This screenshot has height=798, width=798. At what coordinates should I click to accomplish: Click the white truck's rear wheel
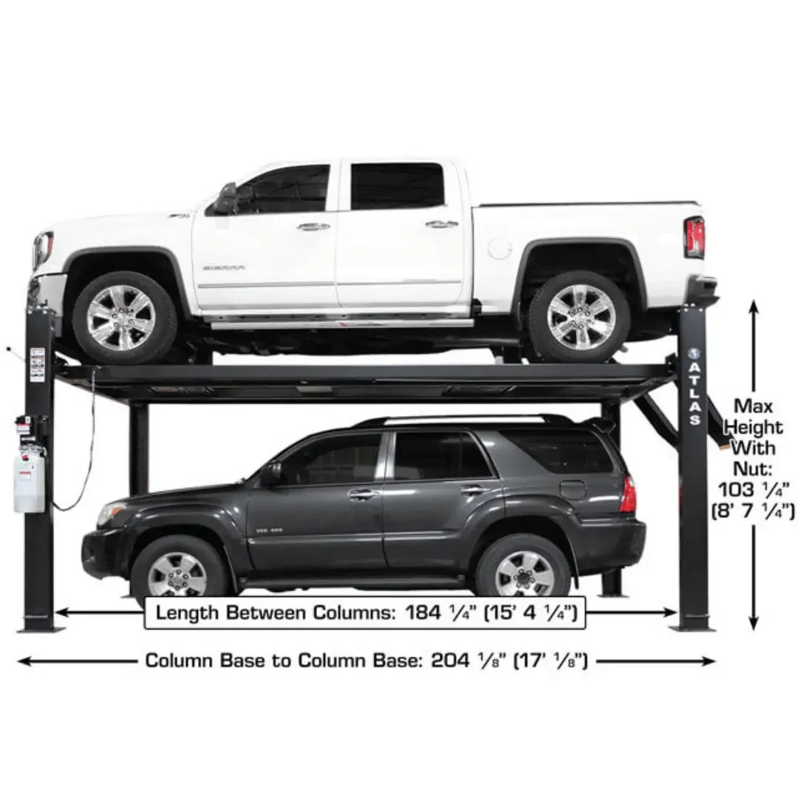point(579,317)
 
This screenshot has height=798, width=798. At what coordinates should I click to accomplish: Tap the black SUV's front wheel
point(177,573)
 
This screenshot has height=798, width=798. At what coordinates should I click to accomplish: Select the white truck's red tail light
point(695,237)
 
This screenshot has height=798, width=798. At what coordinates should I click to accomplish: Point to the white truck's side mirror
point(225,199)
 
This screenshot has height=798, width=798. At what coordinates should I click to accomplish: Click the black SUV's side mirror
point(270,474)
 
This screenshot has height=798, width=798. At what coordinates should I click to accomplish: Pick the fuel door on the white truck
point(499,248)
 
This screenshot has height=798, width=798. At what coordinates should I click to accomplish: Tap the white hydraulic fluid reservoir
point(28,483)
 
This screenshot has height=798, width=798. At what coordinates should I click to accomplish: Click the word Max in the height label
point(752,406)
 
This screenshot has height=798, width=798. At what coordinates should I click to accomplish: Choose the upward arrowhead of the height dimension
point(753,305)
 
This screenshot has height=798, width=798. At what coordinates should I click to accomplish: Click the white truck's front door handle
point(313,227)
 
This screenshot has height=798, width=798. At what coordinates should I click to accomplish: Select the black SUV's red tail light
point(627,494)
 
